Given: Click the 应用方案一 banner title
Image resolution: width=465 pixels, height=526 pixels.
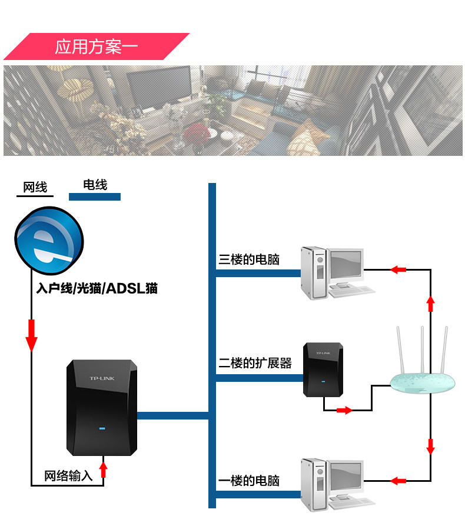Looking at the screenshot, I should point(97,47).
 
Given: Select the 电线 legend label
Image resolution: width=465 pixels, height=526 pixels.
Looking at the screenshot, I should point(95,185).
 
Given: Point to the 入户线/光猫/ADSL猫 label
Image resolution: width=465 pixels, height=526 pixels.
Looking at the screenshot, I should point(97,289).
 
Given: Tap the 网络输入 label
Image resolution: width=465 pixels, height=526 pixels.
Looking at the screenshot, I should point(69,476).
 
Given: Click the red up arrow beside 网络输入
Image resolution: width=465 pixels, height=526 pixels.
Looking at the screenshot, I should point(104,469).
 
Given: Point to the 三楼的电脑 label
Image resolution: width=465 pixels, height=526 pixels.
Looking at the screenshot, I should point(249,259).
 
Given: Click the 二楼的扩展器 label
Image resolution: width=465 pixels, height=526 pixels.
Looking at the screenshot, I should point(255,363).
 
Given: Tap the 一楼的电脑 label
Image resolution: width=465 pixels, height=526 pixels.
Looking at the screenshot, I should point(249,481).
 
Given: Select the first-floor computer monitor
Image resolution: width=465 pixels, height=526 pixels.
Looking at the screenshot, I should point(345,477).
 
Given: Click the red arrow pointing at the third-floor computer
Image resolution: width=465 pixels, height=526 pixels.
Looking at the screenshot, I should point(399,269).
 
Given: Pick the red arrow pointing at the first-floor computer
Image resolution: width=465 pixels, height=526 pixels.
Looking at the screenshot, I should point(399,481).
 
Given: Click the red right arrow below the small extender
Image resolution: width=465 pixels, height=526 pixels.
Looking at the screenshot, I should point(344,410).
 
